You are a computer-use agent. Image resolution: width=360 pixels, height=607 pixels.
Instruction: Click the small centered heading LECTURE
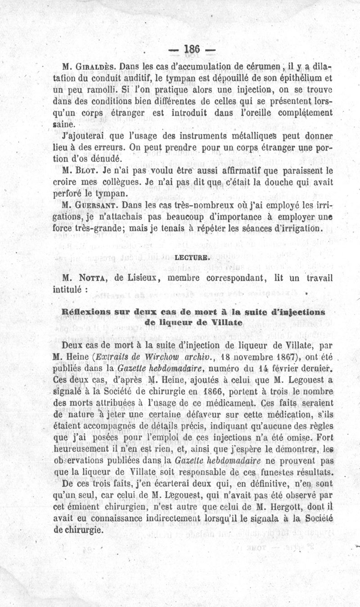point(193,258)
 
